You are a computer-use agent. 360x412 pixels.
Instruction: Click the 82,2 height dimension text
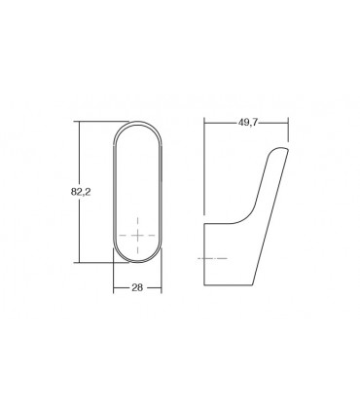(82, 192)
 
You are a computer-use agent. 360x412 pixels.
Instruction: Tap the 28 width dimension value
(136, 289)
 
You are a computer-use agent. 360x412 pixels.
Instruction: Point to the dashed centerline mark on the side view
(211, 257)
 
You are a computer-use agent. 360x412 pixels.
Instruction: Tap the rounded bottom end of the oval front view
(136, 261)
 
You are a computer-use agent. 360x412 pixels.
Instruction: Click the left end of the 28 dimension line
(113, 289)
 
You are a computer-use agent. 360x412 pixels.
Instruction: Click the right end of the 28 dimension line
(162, 289)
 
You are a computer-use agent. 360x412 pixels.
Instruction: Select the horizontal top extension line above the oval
(97, 122)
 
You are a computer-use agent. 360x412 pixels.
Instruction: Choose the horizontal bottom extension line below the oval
(97, 263)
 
